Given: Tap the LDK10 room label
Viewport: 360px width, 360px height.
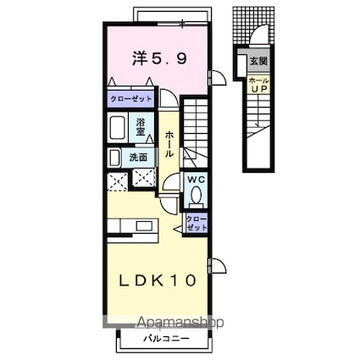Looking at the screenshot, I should click(x=158, y=280).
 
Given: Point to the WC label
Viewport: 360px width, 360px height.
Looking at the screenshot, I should click(x=196, y=180).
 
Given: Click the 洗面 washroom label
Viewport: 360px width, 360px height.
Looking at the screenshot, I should click(x=138, y=157).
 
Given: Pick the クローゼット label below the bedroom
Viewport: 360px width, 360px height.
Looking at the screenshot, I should click(x=130, y=99).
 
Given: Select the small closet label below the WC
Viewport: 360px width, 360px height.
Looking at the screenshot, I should click(x=197, y=223).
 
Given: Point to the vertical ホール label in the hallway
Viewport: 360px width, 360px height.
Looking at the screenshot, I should click(x=169, y=145).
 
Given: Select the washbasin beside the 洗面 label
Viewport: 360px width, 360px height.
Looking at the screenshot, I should click(x=114, y=158).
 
